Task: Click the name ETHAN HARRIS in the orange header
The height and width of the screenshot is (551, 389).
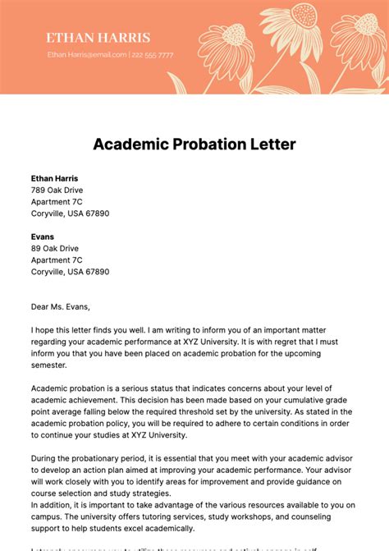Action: tap(98, 38)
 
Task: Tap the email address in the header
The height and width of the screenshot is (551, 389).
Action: tap(87, 55)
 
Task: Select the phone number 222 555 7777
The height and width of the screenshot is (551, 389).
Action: tap(153, 55)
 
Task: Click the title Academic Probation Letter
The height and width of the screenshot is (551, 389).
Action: tap(194, 145)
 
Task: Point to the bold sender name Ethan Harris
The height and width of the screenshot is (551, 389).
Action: tap(55, 178)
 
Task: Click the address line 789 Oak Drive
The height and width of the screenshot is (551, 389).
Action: tap(57, 190)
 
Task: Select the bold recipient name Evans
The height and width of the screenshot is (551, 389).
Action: tap(43, 236)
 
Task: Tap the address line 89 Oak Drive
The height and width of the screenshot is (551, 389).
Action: tap(54, 248)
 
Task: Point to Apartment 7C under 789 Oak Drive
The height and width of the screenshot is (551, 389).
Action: tap(57, 201)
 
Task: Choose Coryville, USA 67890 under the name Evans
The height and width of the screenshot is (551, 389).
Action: tap(70, 271)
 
